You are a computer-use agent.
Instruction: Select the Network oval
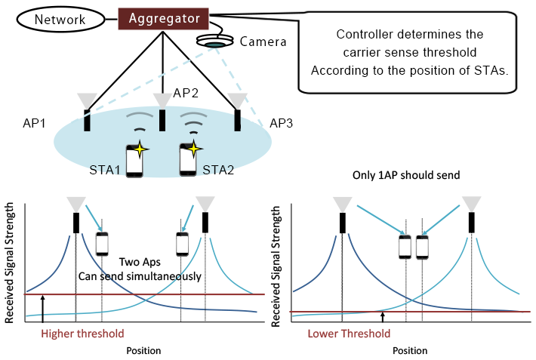tap(59, 18)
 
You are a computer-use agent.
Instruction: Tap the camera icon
tap(214, 43)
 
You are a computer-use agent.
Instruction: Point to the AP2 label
tap(185, 93)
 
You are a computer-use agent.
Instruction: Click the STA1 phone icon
tap(134, 160)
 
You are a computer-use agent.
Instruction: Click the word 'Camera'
tap(263, 42)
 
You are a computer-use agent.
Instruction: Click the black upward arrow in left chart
tap(43, 308)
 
